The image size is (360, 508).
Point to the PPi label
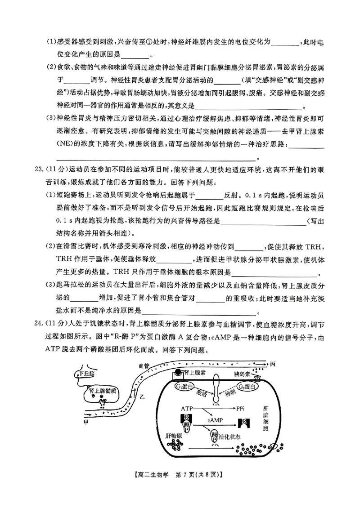241,408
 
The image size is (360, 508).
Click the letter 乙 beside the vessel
143,396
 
